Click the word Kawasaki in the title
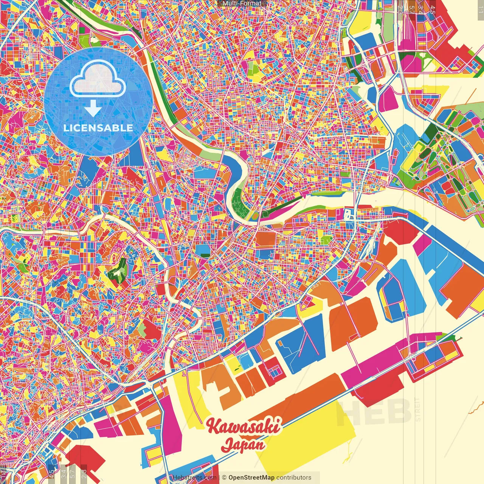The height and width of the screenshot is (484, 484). (x=244, y=427)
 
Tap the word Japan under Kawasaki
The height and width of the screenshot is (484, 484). (x=243, y=444)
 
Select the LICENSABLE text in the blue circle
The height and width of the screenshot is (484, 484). (x=98, y=128)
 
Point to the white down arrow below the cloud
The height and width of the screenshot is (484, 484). (x=93, y=109)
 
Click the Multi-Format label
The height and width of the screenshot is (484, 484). (x=242, y=3)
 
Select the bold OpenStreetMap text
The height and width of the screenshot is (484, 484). (x=251, y=478)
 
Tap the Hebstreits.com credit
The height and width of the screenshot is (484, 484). (x=194, y=478)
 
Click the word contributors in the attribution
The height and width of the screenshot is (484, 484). (x=294, y=478)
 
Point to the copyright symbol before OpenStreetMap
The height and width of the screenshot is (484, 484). (x=224, y=478)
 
